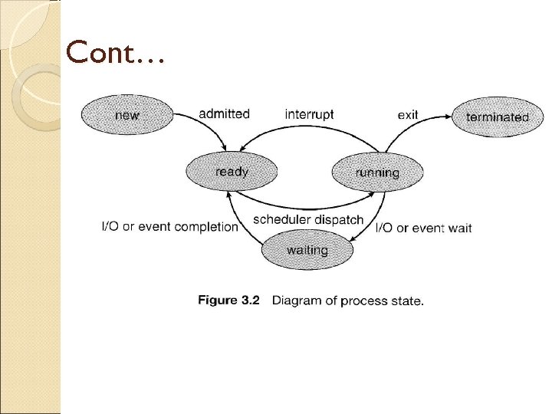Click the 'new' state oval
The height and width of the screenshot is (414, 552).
[127, 116]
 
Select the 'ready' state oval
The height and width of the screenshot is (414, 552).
[231, 172]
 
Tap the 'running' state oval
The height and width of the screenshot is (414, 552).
[376, 172]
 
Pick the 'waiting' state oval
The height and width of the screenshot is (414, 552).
[307, 250]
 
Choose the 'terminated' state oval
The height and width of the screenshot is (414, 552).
[498, 117]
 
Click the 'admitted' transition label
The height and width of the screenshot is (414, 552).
[224, 113]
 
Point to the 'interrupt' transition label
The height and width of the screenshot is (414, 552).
[309, 114]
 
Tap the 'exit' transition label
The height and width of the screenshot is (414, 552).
[408, 115]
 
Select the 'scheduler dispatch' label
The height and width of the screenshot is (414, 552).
[308, 219]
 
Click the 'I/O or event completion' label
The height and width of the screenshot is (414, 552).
[169, 227]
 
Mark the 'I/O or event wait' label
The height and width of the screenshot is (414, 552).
[423, 228]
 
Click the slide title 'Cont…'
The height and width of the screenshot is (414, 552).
[115, 54]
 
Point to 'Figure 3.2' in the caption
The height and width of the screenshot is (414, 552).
[228, 301]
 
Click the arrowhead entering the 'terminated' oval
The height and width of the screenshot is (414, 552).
[448, 116]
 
